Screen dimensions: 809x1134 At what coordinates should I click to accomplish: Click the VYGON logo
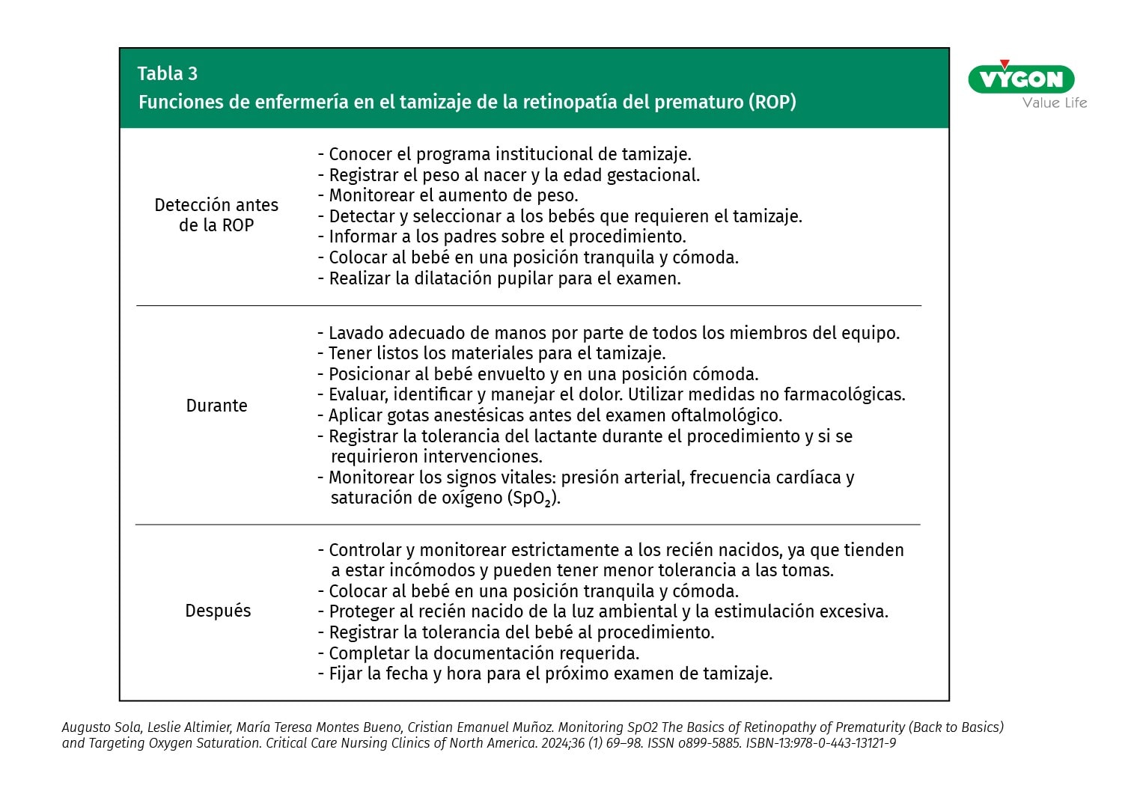pos(1021,79)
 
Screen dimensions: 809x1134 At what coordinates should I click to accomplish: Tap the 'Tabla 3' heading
pos(167,73)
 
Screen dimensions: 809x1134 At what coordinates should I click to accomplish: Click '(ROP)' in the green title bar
pos(772,102)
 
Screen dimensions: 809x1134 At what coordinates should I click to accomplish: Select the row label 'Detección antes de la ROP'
pos(216,215)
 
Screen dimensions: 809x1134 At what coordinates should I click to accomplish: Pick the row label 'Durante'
pos(216,406)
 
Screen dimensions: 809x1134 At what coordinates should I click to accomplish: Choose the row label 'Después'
pos(218,611)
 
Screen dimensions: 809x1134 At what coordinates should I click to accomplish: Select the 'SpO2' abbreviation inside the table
pos(531,498)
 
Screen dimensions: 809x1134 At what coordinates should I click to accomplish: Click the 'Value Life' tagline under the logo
pos(1054,103)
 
